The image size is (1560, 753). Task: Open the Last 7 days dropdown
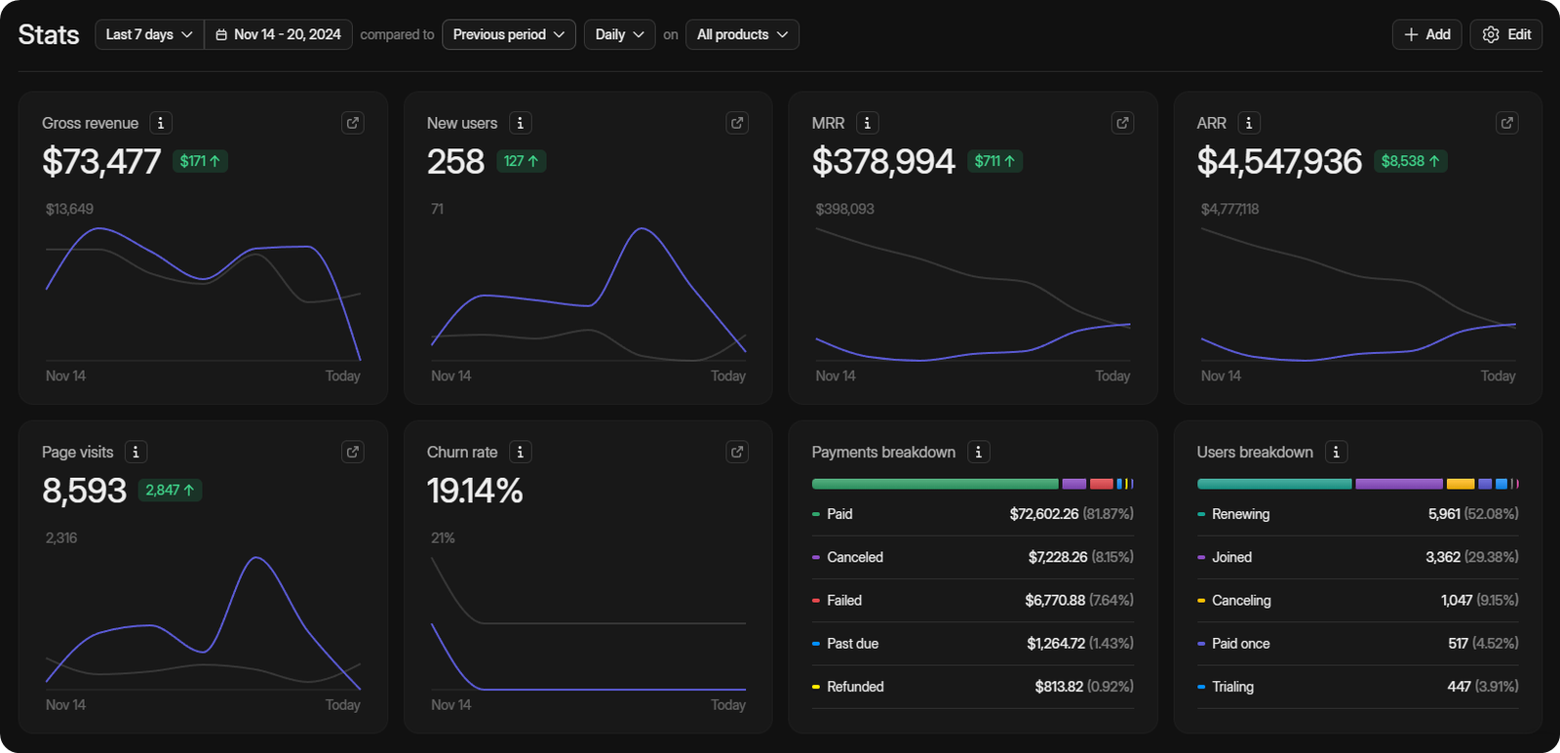click(149, 34)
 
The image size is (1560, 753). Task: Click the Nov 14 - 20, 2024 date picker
click(278, 34)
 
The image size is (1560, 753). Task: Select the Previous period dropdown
click(508, 34)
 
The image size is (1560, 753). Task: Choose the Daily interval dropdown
click(619, 34)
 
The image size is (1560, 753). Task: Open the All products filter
click(742, 34)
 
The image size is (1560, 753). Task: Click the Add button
click(1426, 34)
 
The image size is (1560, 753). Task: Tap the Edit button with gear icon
click(1505, 34)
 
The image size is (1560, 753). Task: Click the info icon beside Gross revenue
click(161, 123)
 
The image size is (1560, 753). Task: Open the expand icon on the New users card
click(737, 123)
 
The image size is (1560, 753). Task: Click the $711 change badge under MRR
click(994, 161)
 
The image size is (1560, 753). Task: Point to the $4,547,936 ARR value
click(1278, 161)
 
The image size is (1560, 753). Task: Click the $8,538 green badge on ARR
click(1410, 161)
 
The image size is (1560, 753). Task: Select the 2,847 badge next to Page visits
click(170, 490)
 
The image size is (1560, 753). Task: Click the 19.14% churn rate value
click(475, 490)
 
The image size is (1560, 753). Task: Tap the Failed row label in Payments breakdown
click(843, 600)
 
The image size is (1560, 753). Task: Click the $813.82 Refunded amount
click(1059, 687)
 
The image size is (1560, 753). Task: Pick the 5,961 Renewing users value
click(1444, 514)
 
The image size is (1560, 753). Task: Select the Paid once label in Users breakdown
click(1240, 644)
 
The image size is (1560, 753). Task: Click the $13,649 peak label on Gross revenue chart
click(69, 209)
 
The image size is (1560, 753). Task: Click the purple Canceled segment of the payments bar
click(1073, 484)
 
